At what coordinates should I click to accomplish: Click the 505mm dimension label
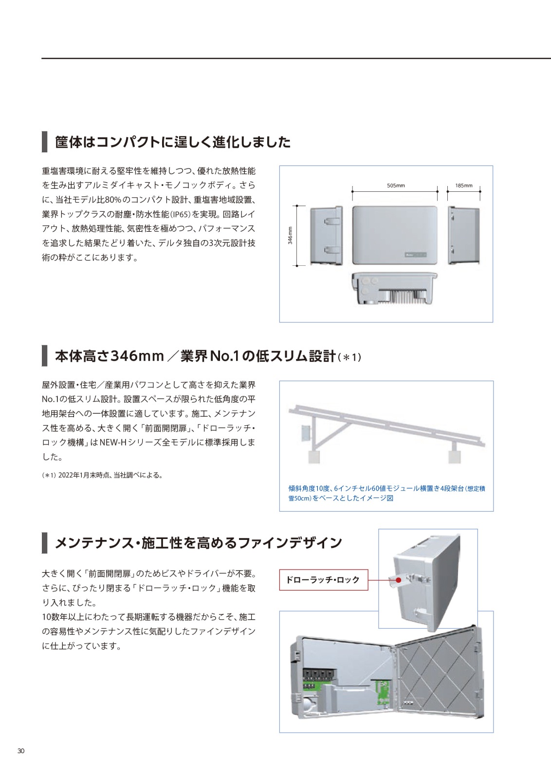(396, 185)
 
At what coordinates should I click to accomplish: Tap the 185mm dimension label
(464, 185)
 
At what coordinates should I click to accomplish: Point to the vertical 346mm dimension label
(290, 236)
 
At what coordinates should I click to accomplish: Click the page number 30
(21, 751)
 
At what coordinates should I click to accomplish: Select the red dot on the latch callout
(398, 580)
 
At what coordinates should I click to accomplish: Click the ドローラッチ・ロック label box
(324, 580)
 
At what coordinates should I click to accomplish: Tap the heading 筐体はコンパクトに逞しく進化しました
(173, 142)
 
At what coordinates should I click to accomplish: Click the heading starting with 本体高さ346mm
(208, 356)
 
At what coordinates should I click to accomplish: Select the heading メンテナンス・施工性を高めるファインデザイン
(199, 543)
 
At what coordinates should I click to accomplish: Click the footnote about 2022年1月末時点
(102, 475)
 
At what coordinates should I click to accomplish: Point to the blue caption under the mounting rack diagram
(386, 493)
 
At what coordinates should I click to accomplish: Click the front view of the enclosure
(395, 235)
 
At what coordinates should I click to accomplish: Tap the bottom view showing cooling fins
(395, 288)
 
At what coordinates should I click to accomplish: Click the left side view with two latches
(326, 236)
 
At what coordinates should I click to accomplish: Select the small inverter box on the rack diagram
(306, 433)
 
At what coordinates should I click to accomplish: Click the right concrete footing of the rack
(454, 457)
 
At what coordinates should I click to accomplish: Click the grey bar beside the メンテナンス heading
(44, 543)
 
